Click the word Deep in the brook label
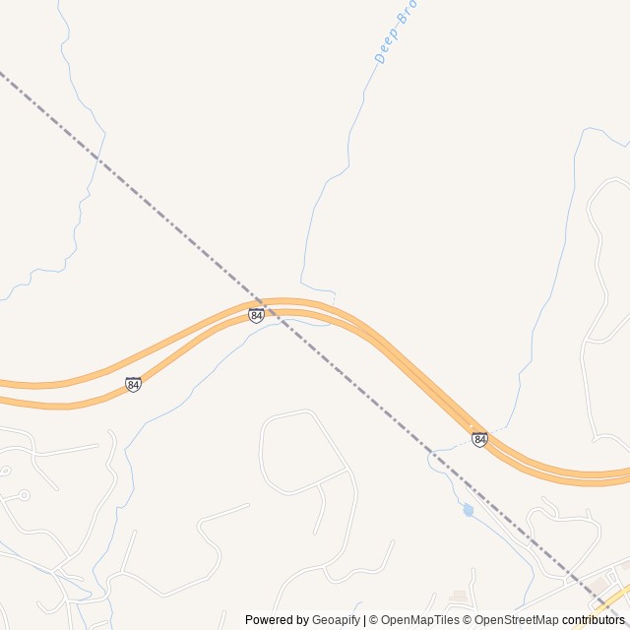coord(387,48)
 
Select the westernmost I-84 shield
coord(133,384)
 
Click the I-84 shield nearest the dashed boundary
coord(256,315)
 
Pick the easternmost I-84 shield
coord(479,439)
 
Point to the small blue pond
coord(469,510)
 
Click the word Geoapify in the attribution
coord(336,620)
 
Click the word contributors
coord(594,620)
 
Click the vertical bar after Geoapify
coord(364,620)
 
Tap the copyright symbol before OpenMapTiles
coord(373,620)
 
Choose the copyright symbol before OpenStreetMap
coord(468,620)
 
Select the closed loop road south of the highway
coord(304,453)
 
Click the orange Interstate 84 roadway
coord(413,379)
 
